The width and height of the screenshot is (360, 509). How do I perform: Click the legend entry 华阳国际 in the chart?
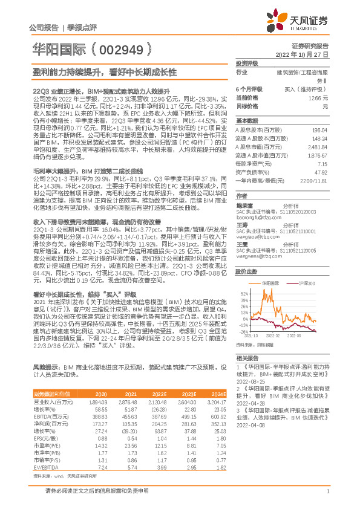[x=270, y=283]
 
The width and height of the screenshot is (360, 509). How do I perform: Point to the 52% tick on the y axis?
[x=244, y=293]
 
